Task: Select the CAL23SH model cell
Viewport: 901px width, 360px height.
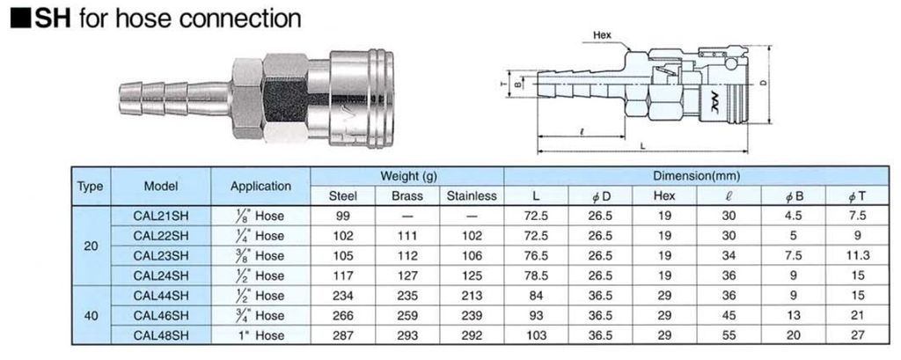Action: tap(160, 256)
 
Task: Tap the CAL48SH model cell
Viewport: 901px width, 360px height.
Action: tap(160, 335)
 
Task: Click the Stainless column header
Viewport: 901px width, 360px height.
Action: tap(472, 196)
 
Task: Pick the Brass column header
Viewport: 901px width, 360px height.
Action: tap(407, 196)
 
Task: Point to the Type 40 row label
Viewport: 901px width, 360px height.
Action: tap(91, 315)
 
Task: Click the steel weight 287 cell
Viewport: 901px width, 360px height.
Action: tap(342, 335)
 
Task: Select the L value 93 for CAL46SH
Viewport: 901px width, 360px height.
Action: tap(536, 316)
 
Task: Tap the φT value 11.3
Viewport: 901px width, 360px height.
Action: tap(858, 256)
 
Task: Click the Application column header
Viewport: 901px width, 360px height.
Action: tap(260, 187)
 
